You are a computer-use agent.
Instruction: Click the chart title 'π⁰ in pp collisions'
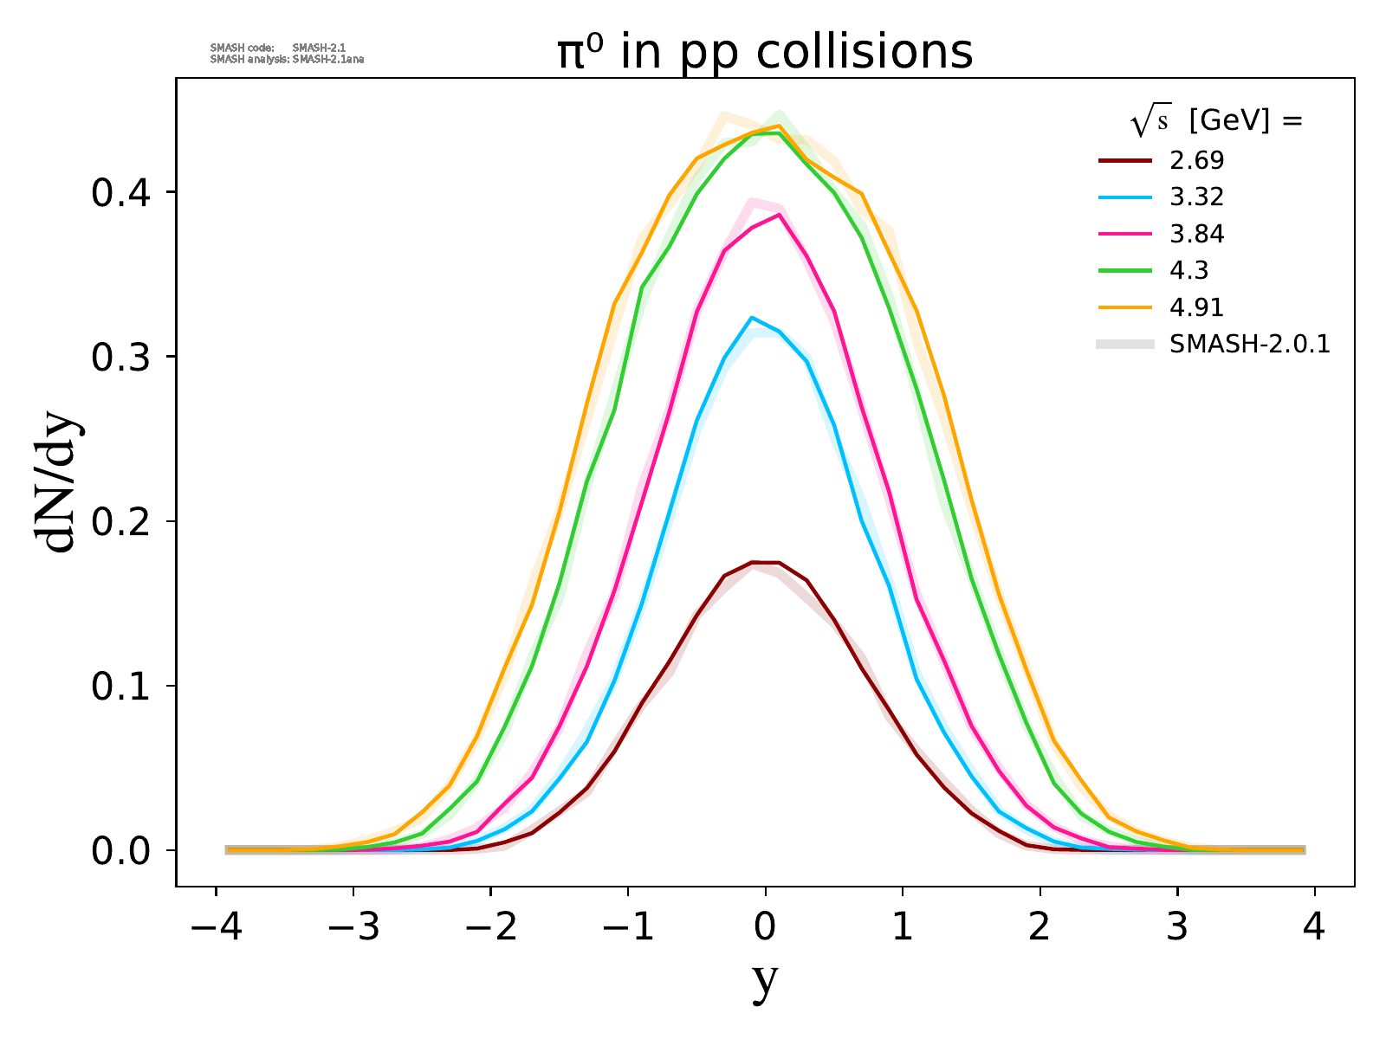pyautogui.click(x=765, y=52)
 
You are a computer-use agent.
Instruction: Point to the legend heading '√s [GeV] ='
pyautogui.click(x=1216, y=122)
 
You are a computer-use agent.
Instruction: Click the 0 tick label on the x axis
pyautogui.click(x=765, y=929)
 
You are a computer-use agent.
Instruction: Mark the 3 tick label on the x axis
pyautogui.click(x=1177, y=929)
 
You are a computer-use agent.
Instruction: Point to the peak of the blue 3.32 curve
pyautogui.click(x=752, y=317)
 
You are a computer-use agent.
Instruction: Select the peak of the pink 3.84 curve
pyautogui.click(x=780, y=214)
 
